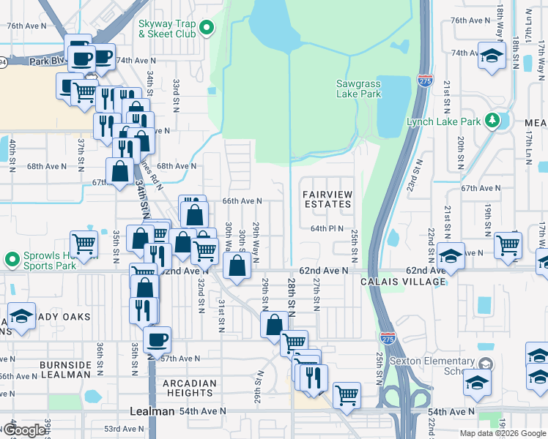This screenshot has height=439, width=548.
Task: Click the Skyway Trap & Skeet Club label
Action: [167, 29]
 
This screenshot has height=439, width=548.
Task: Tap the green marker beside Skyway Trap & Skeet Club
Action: [207, 29]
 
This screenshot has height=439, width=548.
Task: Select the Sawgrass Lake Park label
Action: [358, 89]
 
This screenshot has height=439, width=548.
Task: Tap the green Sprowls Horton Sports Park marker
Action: [12, 260]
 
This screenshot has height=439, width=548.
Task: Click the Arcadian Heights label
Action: [190, 388]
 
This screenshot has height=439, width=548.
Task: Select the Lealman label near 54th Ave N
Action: [152, 411]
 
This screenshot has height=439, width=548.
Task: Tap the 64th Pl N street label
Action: [327, 228]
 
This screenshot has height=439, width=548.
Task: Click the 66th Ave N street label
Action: [242, 201]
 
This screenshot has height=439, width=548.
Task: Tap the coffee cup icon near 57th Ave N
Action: [158, 339]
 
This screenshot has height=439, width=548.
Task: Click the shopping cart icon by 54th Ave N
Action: [347, 394]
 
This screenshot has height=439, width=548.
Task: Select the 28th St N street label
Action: [292, 297]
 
